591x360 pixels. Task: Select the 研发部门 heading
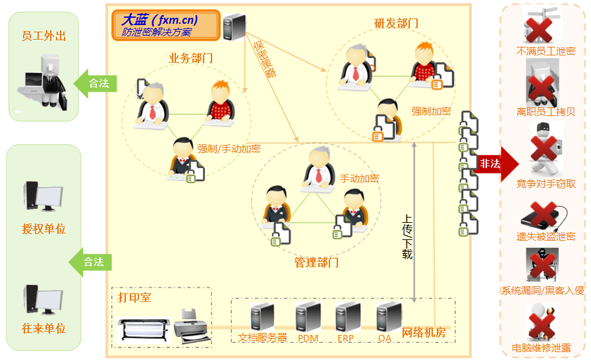(x=396, y=24)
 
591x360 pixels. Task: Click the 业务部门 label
(x=191, y=59)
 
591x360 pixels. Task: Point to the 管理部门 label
(x=316, y=262)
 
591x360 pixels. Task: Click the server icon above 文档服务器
(x=262, y=316)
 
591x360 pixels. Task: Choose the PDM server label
(x=308, y=338)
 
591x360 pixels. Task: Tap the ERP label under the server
(x=345, y=338)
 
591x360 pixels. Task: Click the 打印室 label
(x=134, y=297)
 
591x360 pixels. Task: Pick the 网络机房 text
(x=424, y=332)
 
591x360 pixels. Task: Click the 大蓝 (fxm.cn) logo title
(x=159, y=20)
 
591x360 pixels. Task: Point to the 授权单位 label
(x=44, y=229)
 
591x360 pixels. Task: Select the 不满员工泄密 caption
(x=546, y=51)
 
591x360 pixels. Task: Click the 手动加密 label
(x=359, y=179)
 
